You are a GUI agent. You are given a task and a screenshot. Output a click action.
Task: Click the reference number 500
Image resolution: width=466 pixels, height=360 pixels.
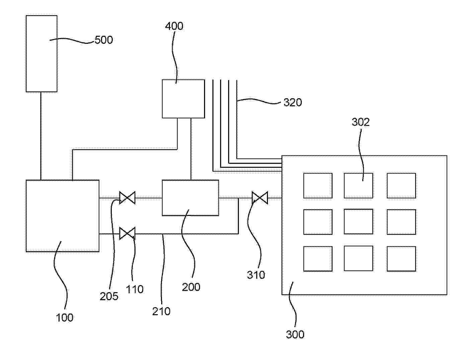[x=104, y=40]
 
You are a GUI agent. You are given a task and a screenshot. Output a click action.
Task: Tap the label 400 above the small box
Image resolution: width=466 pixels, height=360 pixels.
[x=174, y=26]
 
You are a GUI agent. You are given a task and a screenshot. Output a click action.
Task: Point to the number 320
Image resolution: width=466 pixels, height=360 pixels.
[x=293, y=102]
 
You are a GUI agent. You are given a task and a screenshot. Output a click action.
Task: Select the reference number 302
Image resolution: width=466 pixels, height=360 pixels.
[x=360, y=122]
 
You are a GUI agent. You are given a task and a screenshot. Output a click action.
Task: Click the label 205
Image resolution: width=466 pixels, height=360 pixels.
[x=109, y=296]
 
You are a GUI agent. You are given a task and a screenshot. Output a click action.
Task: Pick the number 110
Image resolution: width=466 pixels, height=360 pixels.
[x=134, y=289]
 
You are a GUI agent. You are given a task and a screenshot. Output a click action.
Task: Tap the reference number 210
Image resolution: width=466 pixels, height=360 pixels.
[x=161, y=311]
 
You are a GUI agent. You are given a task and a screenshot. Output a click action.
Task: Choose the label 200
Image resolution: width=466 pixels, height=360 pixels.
[x=191, y=287]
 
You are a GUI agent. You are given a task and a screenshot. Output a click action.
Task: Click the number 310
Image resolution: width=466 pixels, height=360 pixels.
[x=256, y=275]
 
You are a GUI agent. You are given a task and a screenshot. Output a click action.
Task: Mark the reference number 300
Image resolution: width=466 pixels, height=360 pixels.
[x=295, y=334]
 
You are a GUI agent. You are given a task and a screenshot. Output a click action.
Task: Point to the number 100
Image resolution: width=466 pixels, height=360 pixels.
[x=65, y=318]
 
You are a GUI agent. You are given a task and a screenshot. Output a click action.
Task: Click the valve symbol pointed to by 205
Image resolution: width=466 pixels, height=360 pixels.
[x=127, y=198]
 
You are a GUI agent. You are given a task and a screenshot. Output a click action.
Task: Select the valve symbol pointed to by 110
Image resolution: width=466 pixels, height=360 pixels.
[x=127, y=233]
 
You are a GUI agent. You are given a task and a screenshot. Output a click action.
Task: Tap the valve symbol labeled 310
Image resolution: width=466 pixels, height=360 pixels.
[x=260, y=198]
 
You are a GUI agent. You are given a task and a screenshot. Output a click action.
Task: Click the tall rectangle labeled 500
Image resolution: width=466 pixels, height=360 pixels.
[x=41, y=53]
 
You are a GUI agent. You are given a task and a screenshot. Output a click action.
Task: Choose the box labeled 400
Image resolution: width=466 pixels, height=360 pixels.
[x=183, y=99]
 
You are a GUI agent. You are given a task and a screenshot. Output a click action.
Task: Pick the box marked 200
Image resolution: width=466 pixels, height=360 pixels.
[x=190, y=198]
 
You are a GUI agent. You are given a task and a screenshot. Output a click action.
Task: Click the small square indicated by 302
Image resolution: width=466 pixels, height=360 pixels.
[x=358, y=186]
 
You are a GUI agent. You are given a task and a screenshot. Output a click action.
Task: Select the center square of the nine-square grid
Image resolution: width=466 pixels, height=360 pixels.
[x=358, y=222]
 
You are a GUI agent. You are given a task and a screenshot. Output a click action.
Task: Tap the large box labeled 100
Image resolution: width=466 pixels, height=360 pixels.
[x=63, y=216]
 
